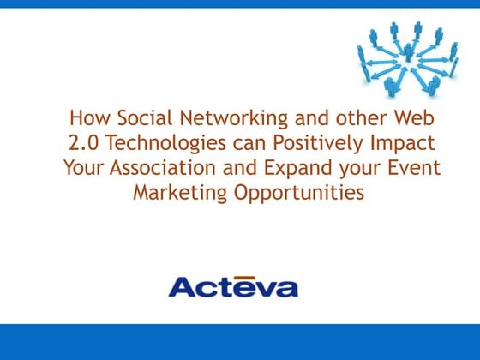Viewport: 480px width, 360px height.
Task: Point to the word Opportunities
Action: tap(299, 192)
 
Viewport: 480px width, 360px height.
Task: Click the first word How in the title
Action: tap(86, 117)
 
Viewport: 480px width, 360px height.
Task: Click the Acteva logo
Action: tap(233, 285)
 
